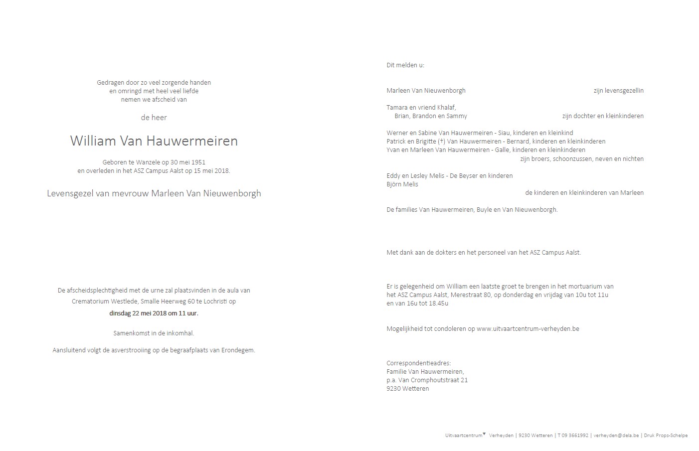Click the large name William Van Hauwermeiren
point(154,141)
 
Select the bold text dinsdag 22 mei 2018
point(138,313)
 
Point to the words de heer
point(154,118)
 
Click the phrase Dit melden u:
point(405,65)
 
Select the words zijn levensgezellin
point(618,91)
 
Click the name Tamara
point(397,108)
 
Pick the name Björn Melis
point(402,184)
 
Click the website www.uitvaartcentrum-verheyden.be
point(527,329)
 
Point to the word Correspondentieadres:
point(418,363)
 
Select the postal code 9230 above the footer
point(394,389)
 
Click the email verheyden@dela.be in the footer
point(616,436)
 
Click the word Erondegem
point(239,350)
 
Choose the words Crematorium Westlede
point(105,301)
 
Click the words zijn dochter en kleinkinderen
point(603,116)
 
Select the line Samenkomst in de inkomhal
point(154,333)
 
